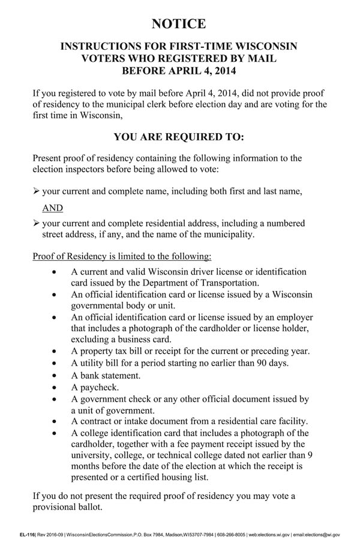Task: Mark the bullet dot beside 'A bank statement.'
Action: click(x=55, y=377)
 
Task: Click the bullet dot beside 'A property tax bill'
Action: click(x=55, y=351)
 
